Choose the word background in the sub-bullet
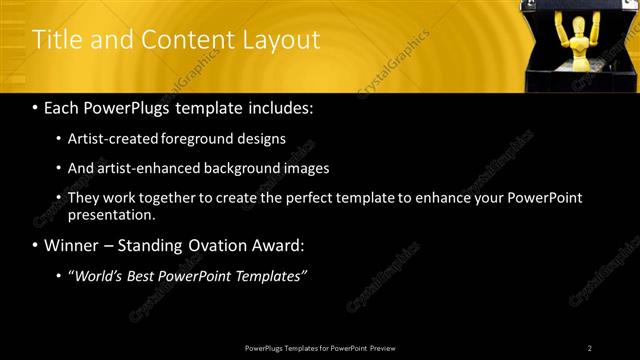pyautogui.click(x=242, y=168)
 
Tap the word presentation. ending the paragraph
pyautogui.click(x=112, y=215)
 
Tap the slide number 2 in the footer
pyautogui.click(x=589, y=348)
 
